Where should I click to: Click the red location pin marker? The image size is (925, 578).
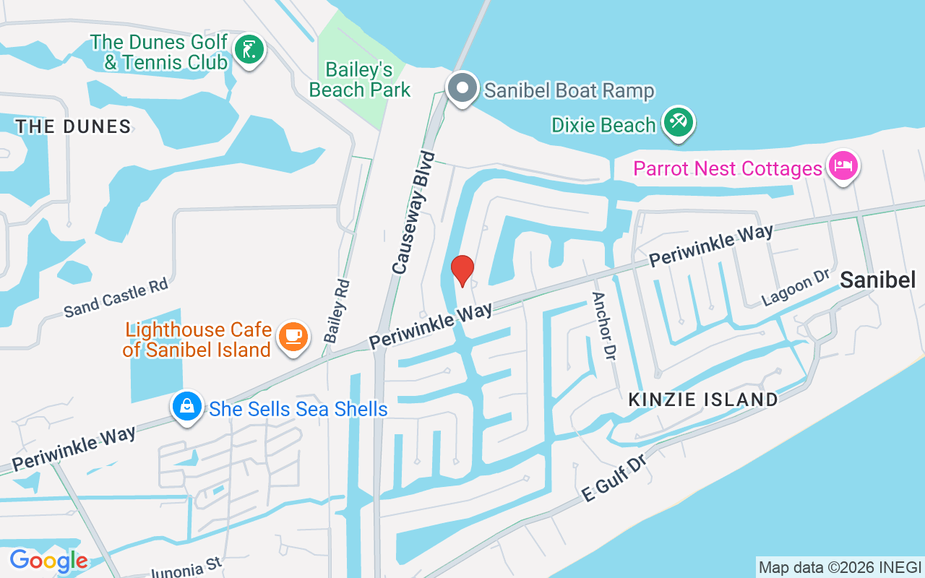point(462,271)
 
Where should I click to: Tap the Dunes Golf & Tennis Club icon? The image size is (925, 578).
point(249,50)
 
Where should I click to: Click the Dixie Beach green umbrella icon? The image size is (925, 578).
point(679,123)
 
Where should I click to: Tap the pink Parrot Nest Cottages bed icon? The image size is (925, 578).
point(843,166)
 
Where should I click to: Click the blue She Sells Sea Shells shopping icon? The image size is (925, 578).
point(187,406)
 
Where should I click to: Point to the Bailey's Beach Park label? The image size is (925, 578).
point(360,79)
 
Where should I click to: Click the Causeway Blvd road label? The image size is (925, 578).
point(415,212)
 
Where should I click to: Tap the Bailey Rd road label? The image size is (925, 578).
point(337,311)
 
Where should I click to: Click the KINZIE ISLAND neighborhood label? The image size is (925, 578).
point(703,400)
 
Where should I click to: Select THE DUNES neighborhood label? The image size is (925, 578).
point(73,127)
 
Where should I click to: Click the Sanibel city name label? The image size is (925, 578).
point(878,280)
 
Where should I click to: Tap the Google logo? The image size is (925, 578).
point(48,561)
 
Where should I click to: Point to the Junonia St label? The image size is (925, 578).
point(186,568)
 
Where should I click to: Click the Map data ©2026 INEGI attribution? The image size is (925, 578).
point(840,567)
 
